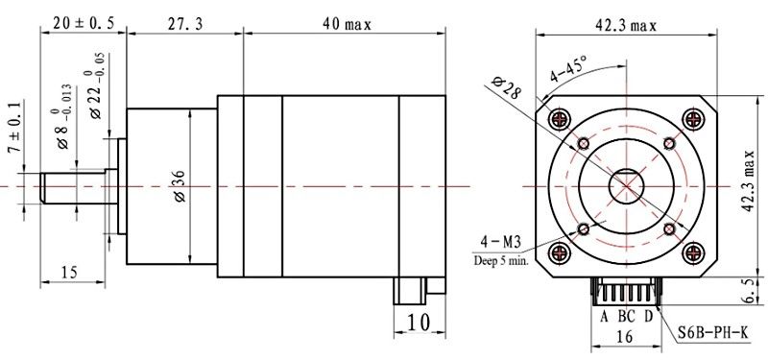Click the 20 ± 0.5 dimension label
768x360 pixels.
(84, 22)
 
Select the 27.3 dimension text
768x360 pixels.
(184, 24)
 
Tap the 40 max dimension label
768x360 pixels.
(347, 24)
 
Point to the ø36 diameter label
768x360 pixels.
(180, 186)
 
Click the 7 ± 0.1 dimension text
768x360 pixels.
(15, 127)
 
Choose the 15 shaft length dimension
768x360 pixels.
(69, 272)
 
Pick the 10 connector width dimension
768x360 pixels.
(419, 323)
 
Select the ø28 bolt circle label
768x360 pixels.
(506, 87)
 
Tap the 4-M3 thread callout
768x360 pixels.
(500, 242)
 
